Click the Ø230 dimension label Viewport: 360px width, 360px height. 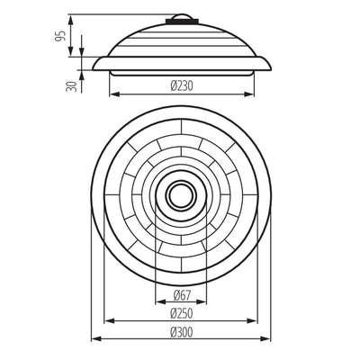(182, 86)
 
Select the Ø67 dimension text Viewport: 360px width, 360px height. (182, 295)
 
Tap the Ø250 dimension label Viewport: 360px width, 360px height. (182, 314)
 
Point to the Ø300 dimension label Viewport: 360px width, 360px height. (182, 332)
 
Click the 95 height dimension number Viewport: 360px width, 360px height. (61, 36)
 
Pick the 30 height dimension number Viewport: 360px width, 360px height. (71, 86)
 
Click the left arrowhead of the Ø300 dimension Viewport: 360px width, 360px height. (95, 339)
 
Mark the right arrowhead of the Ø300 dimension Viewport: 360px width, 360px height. (265, 339)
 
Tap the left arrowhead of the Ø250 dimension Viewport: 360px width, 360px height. (110, 321)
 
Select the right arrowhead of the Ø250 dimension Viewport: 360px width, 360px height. (252, 321)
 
